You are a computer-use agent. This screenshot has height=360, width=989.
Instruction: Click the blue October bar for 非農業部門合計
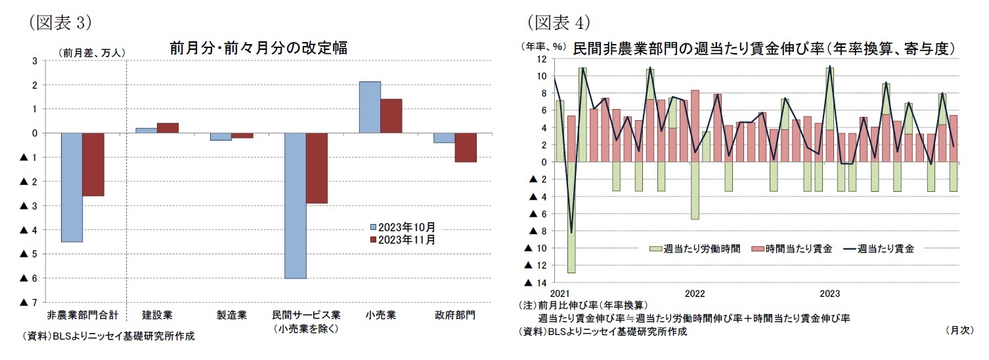(x=72, y=187)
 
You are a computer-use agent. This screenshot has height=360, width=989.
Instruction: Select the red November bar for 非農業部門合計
(x=93, y=164)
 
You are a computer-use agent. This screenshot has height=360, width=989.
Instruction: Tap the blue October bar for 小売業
(x=370, y=107)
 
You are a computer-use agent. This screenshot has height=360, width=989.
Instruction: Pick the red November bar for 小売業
(x=391, y=116)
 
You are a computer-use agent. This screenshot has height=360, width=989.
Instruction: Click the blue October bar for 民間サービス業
(x=295, y=206)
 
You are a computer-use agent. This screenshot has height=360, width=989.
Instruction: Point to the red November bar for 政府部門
(x=466, y=147)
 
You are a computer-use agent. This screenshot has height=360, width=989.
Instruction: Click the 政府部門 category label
(x=454, y=315)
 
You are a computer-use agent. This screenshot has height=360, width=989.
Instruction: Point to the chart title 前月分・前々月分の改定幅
(x=258, y=48)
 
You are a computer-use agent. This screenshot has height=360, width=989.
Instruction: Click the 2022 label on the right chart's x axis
(x=695, y=293)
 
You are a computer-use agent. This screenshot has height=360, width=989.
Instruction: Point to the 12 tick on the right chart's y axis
(x=542, y=59)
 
